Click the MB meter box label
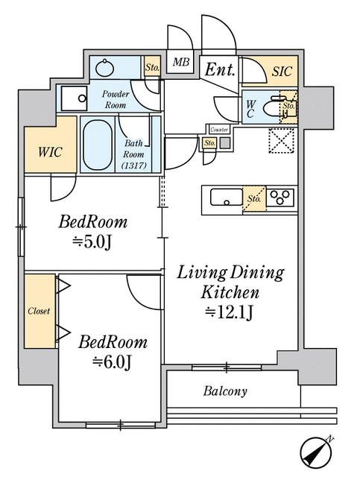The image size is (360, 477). tap(181, 63)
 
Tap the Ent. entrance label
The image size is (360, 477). tap(220, 69)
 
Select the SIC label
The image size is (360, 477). tap(282, 72)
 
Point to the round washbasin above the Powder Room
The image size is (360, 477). tap(105, 68)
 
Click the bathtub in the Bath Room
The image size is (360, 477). tap(98, 145)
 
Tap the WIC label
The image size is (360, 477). tap(50, 152)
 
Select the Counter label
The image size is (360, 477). tap(219, 130)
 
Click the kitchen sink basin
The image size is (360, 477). tap(227, 197)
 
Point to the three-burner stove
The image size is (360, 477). tap(280, 197)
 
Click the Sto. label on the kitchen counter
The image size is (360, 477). tap(254, 199)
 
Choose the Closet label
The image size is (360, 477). tap(39, 311)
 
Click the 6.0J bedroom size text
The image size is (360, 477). tap(113, 362)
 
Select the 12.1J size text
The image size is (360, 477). tap(229, 312)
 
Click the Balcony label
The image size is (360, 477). tap(225, 391)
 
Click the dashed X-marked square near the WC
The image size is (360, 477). tap(282, 140)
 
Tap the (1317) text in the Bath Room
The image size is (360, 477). tap(134, 165)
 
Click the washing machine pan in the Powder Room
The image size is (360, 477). tap(75, 98)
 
